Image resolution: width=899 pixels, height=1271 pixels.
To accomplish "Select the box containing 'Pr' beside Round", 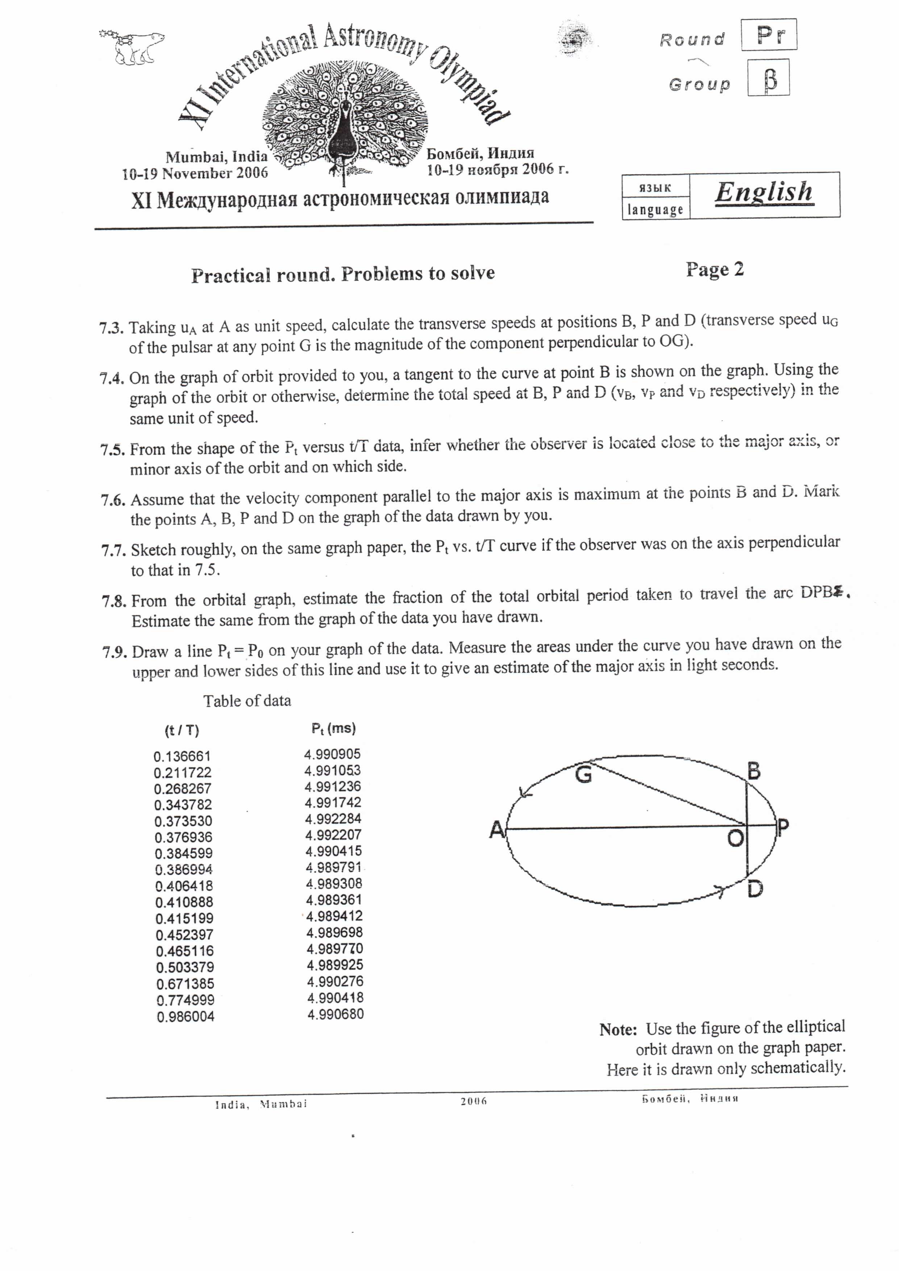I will click(769, 35).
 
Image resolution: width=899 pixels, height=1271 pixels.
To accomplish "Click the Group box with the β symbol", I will click(768, 78).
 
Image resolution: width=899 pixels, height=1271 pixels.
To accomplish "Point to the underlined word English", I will click(764, 193).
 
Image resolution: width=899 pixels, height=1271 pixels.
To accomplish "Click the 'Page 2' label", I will click(715, 270).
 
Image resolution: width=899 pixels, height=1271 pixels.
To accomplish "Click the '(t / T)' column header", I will click(182, 731).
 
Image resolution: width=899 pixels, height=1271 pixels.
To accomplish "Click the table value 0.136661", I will click(182, 756).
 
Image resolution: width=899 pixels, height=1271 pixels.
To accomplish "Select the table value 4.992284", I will click(333, 819).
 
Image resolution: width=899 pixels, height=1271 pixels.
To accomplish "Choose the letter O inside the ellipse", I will click(735, 839).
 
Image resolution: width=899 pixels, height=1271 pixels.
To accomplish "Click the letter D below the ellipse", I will click(755, 889).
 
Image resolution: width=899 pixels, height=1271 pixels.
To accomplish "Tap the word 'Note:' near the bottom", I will click(618, 1030).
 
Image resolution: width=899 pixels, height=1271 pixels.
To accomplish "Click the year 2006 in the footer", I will click(473, 1101).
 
